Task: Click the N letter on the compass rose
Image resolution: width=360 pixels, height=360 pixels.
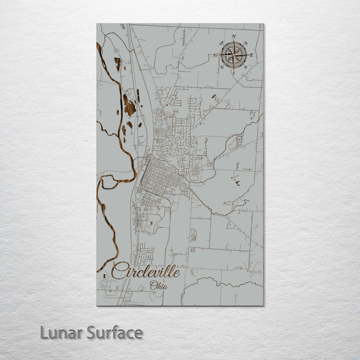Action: point(234,36)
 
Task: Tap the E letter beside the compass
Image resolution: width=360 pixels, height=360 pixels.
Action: point(251,55)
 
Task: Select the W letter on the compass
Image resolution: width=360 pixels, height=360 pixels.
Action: point(216,55)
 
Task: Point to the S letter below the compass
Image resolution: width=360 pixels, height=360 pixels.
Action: point(233,73)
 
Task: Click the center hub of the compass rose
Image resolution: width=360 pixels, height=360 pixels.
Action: point(233,55)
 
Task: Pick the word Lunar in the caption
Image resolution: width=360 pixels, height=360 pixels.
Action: point(60,332)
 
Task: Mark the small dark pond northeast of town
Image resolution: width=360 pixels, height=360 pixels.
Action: point(214,96)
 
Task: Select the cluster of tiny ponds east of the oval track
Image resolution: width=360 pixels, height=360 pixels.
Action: point(234,179)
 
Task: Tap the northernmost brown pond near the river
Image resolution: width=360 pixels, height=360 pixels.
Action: point(118,63)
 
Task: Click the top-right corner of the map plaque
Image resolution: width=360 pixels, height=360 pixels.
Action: point(263,24)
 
